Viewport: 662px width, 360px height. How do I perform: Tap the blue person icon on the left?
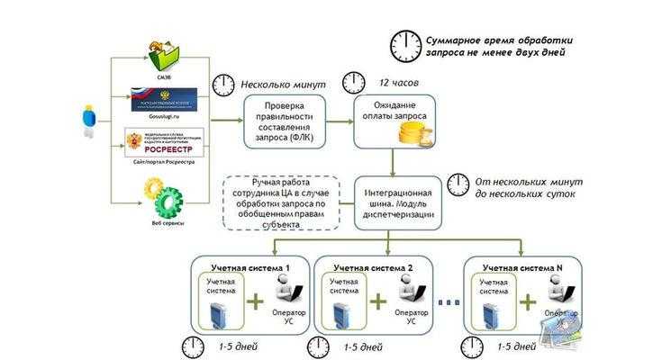87,121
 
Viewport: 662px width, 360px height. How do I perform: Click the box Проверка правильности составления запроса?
278,122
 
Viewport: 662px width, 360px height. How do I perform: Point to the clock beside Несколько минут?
223,85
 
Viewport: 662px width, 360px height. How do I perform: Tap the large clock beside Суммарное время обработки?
405,44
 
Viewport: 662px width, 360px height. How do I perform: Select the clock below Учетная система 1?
193,346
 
